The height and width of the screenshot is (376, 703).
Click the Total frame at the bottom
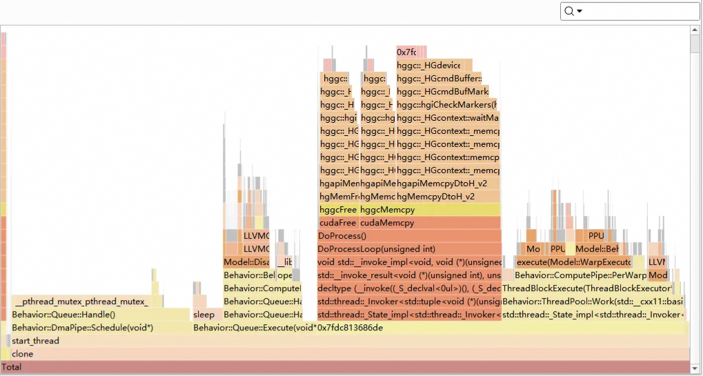tap(345, 367)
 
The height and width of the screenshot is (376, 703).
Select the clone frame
tap(345, 354)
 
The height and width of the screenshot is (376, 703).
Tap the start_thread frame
tap(345, 341)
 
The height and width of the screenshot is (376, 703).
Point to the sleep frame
tap(204, 315)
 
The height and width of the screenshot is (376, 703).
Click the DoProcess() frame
tap(408, 236)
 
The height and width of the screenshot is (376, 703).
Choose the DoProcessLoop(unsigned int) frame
tap(408, 249)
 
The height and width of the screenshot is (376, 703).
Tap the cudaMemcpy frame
tap(429, 223)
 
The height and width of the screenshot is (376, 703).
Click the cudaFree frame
tap(337, 223)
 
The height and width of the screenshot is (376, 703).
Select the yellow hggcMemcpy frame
tap(429, 210)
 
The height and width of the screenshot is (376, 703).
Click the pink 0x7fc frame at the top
tap(411, 52)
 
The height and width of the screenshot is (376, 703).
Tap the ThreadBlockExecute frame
tap(587, 288)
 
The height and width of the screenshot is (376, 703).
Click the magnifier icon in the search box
tap(569, 11)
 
